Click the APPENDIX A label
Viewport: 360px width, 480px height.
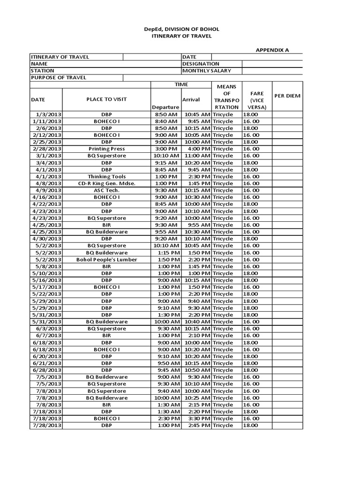tap(272, 49)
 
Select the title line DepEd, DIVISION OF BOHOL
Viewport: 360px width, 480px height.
tap(181, 29)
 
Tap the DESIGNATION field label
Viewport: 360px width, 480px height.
tap(201, 64)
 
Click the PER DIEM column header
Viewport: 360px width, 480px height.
tap(287, 96)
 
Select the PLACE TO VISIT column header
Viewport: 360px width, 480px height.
tap(106, 99)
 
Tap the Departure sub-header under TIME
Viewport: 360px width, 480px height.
tap(165, 107)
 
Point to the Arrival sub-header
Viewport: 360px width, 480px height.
tap(191, 99)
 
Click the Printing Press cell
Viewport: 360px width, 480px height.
tap(106, 149)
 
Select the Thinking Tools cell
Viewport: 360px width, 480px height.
tap(106, 176)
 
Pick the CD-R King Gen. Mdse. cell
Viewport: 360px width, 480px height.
tap(106, 183)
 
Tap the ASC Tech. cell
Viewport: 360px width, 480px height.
tap(106, 190)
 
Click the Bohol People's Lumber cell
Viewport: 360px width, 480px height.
tap(106, 260)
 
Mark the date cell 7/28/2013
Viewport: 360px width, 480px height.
tap(47, 426)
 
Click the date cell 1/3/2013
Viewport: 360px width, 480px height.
tap(49, 114)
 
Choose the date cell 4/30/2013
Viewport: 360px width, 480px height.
tap(47, 239)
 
